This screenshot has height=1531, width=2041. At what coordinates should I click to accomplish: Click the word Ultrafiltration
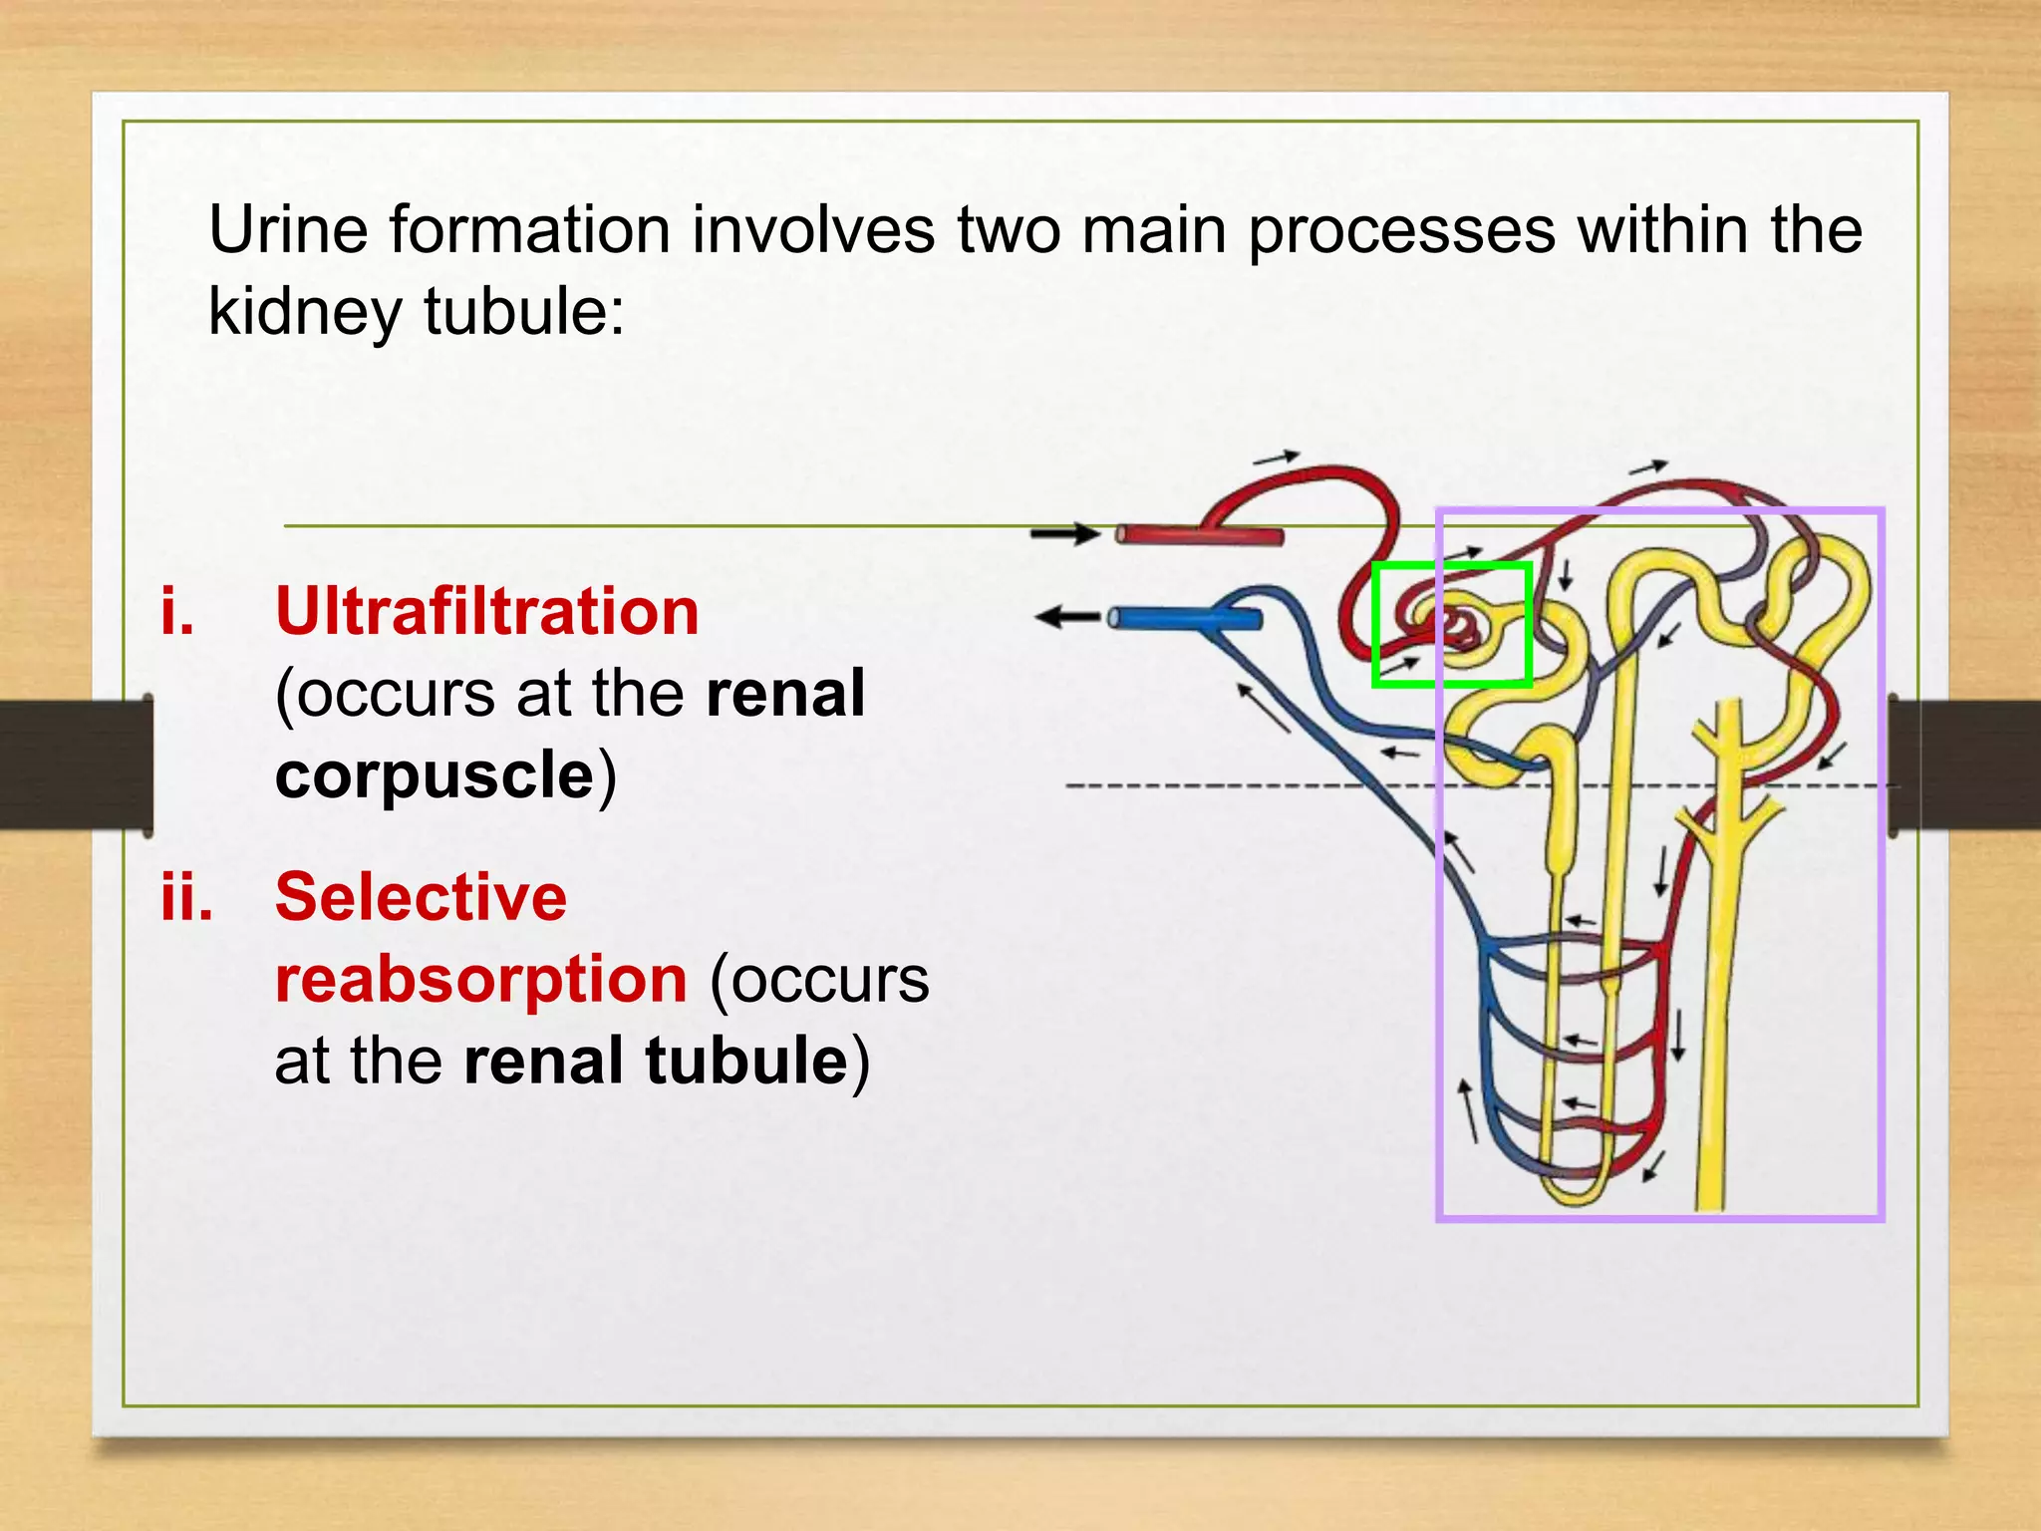pos(486,611)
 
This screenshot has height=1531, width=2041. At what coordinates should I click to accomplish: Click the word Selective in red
pos(421,897)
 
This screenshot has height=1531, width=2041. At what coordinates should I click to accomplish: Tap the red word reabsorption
pos(480,979)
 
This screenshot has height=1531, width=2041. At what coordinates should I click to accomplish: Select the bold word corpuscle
pos(435,775)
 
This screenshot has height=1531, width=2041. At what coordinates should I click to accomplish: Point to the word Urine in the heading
pos(287,230)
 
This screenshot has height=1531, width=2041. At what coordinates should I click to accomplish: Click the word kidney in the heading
pos(304,312)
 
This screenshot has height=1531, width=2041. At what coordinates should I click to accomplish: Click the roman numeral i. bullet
pos(177,611)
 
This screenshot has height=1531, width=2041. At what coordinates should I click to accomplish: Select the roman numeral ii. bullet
pos(186,897)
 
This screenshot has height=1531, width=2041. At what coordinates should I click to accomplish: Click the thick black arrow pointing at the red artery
pos(1064,534)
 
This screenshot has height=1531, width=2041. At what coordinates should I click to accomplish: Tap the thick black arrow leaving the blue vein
pos(1066,618)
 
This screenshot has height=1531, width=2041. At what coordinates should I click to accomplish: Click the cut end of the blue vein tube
pos(1115,619)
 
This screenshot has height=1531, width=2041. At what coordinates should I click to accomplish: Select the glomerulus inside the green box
pos(1457,626)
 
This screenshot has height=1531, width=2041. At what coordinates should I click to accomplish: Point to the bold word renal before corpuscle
pos(784,694)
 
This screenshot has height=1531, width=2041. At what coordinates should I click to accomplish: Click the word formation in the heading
pos(528,230)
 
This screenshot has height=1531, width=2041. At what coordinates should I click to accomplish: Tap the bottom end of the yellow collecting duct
pos(1710,1201)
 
